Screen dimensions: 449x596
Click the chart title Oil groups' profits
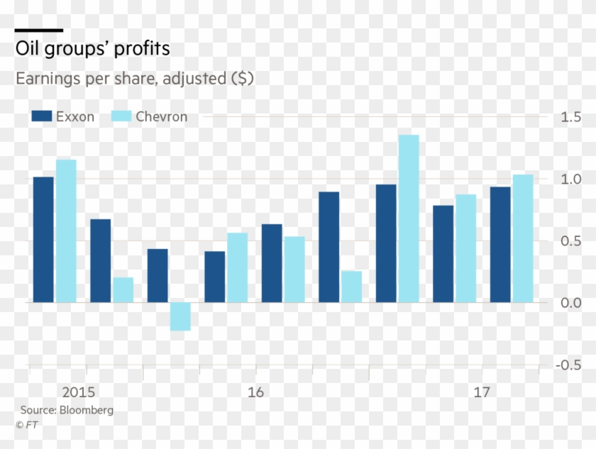[x=93, y=49]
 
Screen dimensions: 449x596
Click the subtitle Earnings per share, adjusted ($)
[x=135, y=79]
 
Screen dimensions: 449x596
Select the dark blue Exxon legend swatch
[x=43, y=116]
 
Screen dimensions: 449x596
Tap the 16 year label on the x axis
[x=256, y=392]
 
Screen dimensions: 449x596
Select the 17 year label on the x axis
[x=482, y=392]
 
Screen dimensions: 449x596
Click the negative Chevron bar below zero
[x=180, y=316]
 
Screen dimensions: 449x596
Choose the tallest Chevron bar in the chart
[x=409, y=218]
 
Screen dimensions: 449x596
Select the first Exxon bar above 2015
[x=43, y=240]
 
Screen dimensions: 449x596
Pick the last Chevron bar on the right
[x=523, y=238]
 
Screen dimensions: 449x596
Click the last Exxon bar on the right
[x=500, y=245]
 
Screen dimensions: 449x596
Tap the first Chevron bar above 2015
[x=66, y=231]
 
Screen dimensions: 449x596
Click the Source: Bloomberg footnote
[x=67, y=410]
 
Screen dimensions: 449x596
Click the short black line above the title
[x=39, y=31]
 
